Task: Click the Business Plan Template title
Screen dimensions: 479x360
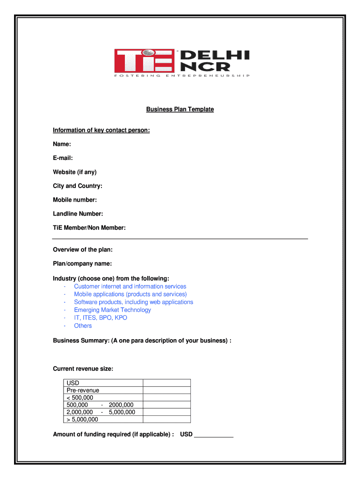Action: pos(180,109)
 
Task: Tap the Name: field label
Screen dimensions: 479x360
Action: pos(62,144)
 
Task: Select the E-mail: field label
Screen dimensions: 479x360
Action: pos(63,158)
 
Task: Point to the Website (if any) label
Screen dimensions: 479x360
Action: pos(75,172)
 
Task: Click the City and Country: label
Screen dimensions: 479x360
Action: pos(78,186)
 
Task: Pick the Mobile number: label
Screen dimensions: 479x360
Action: pos(75,200)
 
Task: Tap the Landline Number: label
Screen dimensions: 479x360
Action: pos(78,214)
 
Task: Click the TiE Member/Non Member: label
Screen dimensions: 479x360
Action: pos(89,228)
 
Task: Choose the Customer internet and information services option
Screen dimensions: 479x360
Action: pos(130,286)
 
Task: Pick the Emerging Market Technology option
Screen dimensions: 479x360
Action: pos(112,310)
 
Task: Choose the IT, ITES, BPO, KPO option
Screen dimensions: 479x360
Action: pos(101,318)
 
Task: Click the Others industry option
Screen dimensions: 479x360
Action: pos(83,326)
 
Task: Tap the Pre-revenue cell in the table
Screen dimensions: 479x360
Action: pos(83,390)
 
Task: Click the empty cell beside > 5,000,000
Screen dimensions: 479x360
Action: pos(166,419)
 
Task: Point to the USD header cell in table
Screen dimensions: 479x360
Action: pos(73,383)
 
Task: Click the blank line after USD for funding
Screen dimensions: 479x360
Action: pos(213,435)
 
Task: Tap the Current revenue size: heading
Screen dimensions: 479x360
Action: pos(83,369)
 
